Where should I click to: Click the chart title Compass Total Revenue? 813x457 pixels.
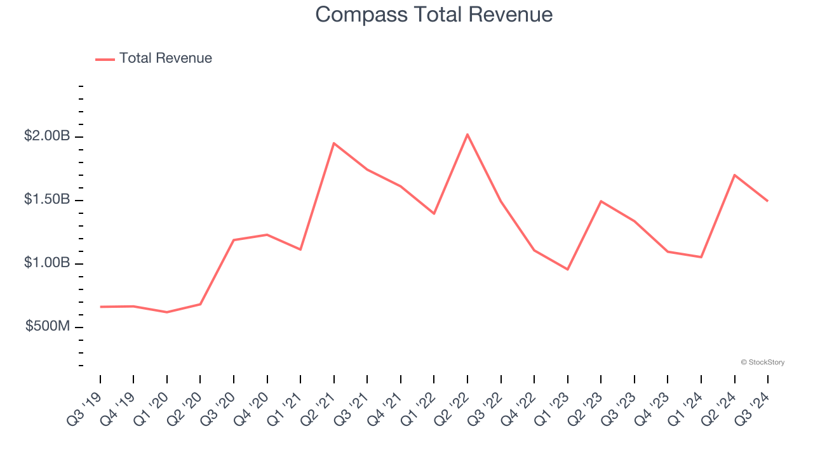pyautogui.click(x=434, y=15)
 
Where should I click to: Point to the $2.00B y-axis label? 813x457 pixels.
pyautogui.click(x=48, y=136)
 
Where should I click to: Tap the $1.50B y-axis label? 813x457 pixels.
pyautogui.click(x=48, y=199)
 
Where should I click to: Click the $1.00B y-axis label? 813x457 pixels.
pyautogui.click(x=48, y=263)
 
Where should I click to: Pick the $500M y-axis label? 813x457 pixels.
pyautogui.click(x=48, y=326)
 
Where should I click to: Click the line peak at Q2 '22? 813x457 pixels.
pyautogui.click(x=467, y=135)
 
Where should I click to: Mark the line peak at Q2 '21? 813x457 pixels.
pyautogui.click(x=334, y=143)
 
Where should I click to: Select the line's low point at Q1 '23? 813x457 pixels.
pyautogui.click(x=567, y=269)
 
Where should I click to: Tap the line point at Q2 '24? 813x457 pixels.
pyautogui.click(x=734, y=175)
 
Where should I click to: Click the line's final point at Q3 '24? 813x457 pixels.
pyautogui.click(x=767, y=201)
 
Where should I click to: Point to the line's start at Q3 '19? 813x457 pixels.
pyautogui.click(x=100, y=307)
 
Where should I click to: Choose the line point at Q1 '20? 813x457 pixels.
pyautogui.click(x=167, y=312)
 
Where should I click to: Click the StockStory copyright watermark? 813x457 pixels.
pyautogui.click(x=762, y=362)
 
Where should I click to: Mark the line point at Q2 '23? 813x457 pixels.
pyautogui.click(x=601, y=201)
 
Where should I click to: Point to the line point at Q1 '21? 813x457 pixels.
pyautogui.click(x=300, y=249)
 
